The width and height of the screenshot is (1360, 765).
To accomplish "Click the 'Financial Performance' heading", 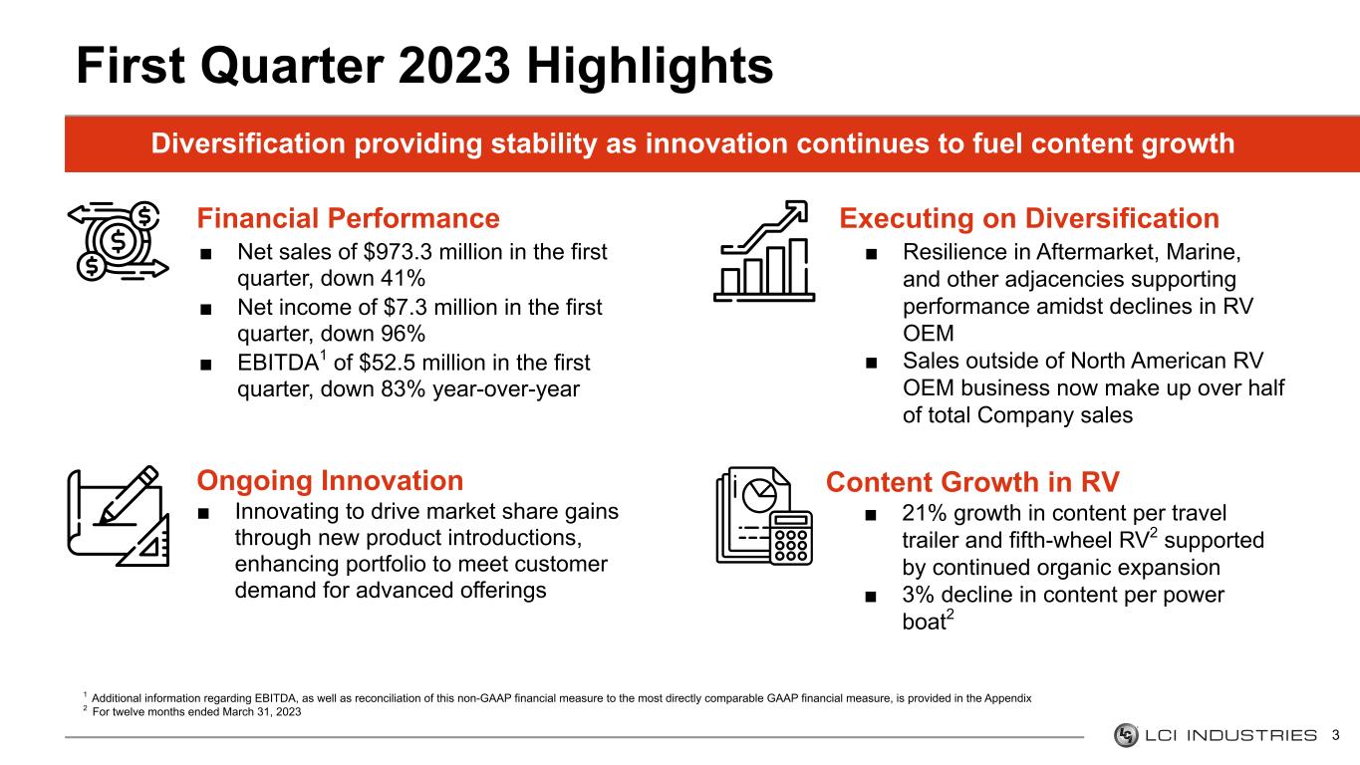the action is [348, 218].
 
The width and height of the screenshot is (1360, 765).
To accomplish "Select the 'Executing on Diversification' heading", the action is [1029, 218].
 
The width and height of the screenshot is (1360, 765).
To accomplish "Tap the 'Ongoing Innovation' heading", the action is [330, 481].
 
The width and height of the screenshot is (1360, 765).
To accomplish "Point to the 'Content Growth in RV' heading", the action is [972, 482].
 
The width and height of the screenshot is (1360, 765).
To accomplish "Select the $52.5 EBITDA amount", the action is [388, 363].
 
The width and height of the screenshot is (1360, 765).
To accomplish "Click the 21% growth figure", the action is [925, 514].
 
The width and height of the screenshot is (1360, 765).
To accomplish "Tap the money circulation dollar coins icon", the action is [118, 241].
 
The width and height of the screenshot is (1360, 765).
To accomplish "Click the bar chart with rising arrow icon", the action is [764, 251].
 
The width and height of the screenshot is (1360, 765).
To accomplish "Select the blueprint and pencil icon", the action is [118, 517].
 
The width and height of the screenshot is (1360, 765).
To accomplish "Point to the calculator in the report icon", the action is [791, 537].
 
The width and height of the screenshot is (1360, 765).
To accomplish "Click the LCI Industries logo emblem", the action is [1126, 735].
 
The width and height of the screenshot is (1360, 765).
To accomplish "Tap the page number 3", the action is [1336, 736].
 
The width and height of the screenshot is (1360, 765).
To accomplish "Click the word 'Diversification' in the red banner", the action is [248, 143].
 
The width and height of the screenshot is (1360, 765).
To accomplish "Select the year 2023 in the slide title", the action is [454, 66].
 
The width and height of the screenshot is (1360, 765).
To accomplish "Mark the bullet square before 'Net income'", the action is [206, 309].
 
